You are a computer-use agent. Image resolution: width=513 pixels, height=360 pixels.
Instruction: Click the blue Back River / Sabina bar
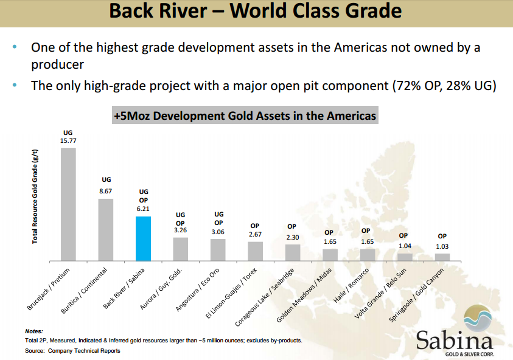click(x=143, y=239)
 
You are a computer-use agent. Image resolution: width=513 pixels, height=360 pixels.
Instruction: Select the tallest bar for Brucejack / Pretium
click(x=68, y=204)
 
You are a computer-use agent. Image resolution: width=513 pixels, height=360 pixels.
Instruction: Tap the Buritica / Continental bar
click(x=106, y=230)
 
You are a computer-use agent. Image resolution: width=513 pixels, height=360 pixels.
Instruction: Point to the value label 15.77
click(x=68, y=141)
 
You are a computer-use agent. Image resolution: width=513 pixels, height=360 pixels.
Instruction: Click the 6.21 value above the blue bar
click(x=143, y=209)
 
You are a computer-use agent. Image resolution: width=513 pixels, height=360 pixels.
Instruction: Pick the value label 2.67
click(x=255, y=235)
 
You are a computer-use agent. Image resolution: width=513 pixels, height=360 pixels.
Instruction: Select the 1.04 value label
click(x=405, y=246)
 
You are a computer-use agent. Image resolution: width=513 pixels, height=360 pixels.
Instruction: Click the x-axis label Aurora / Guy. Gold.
click(x=161, y=289)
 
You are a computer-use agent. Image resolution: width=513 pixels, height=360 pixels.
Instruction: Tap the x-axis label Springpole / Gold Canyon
click(x=416, y=295)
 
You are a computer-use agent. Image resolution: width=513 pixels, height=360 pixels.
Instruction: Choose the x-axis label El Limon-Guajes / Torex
click(x=231, y=293)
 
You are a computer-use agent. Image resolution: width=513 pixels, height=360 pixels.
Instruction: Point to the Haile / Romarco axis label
click(x=351, y=285)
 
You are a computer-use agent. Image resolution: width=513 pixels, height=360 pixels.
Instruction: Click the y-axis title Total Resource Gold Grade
click(x=35, y=196)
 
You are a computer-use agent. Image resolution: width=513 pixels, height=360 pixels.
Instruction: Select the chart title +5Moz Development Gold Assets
click(x=245, y=116)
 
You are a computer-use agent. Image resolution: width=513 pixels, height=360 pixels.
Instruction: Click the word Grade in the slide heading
click(x=374, y=11)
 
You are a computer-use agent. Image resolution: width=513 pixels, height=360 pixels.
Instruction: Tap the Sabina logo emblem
click(x=478, y=318)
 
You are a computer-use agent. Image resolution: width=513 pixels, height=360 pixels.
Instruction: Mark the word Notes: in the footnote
click(x=34, y=331)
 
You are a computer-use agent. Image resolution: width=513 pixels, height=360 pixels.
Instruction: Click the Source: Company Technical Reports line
click(x=72, y=351)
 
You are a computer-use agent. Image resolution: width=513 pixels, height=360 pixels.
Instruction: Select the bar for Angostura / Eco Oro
click(x=218, y=250)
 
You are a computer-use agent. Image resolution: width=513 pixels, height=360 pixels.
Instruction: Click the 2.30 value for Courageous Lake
click(x=293, y=237)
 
